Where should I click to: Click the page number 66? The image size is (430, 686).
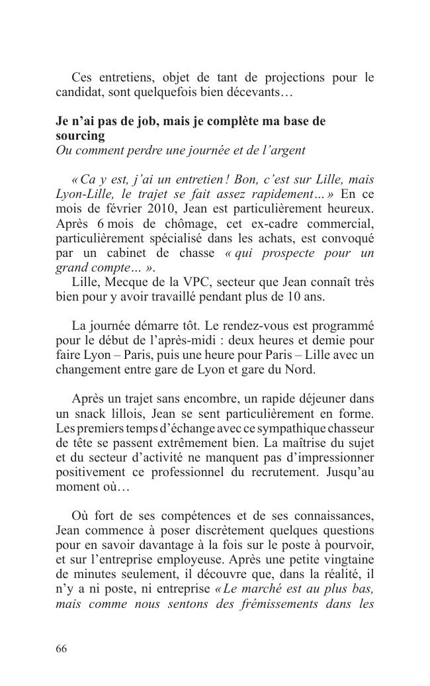(61, 649)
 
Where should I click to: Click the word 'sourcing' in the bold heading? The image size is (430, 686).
(80, 136)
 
